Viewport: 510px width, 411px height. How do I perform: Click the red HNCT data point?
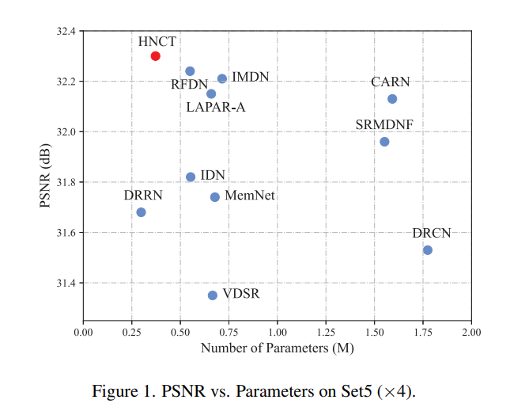156,56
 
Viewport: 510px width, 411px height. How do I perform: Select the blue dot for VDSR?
213,295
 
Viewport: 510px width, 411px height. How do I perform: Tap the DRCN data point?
428,250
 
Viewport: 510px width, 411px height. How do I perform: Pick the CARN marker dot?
392,99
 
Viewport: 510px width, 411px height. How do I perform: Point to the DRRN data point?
142,212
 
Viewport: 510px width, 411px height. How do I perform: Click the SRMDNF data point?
384,142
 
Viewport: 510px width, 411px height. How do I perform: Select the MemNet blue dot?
215,197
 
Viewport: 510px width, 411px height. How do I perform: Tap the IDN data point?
191,177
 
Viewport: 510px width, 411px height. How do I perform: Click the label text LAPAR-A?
216,107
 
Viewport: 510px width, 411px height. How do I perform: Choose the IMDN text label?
251,77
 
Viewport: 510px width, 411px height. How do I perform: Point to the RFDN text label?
190,84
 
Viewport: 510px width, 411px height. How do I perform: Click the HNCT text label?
157,41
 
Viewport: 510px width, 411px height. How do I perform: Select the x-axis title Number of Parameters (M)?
277,348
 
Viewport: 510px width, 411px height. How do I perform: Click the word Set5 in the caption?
353,391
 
